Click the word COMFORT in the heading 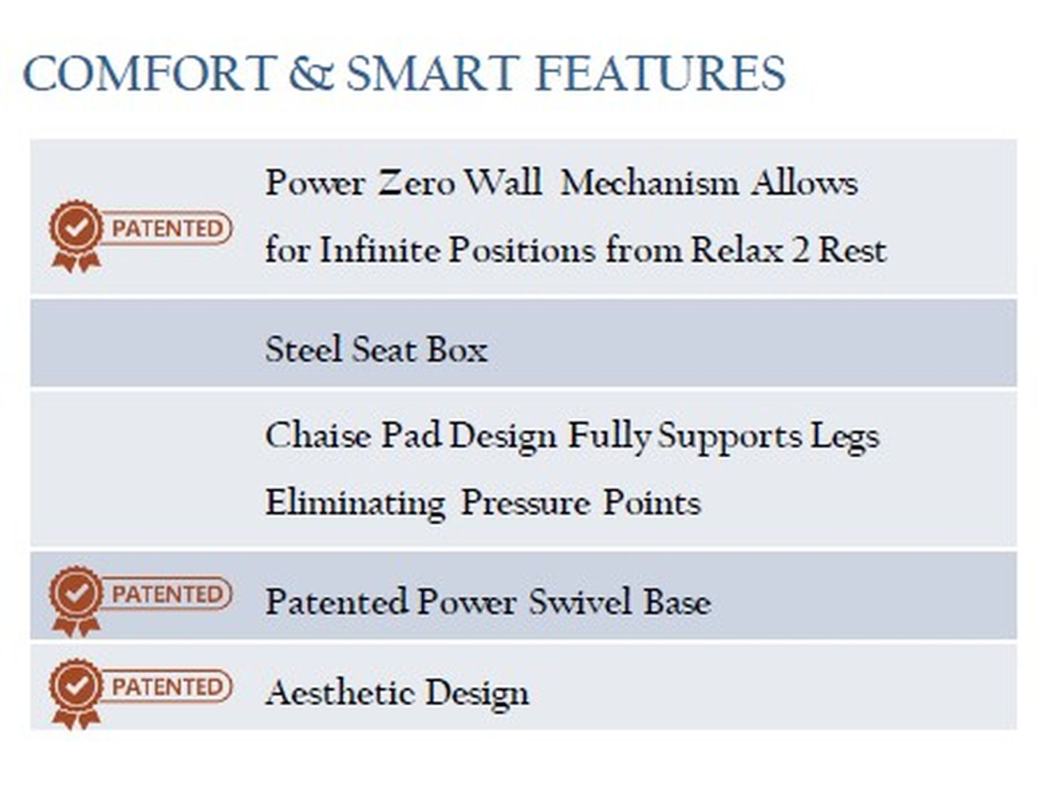coord(149,73)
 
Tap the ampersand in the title coord(311,73)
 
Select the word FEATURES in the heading coord(660,73)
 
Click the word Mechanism coord(649,183)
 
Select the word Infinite coord(379,249)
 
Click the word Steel coord(304,349)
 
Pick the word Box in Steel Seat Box coord(458,349)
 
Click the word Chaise coord(318,435)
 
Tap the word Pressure coord(525,503)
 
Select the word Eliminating coord(356,504)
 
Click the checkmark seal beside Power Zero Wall coord(76,236)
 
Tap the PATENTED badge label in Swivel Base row coord(167,594)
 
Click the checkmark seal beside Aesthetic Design coord(76,693)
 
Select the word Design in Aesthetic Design coord(477,695)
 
